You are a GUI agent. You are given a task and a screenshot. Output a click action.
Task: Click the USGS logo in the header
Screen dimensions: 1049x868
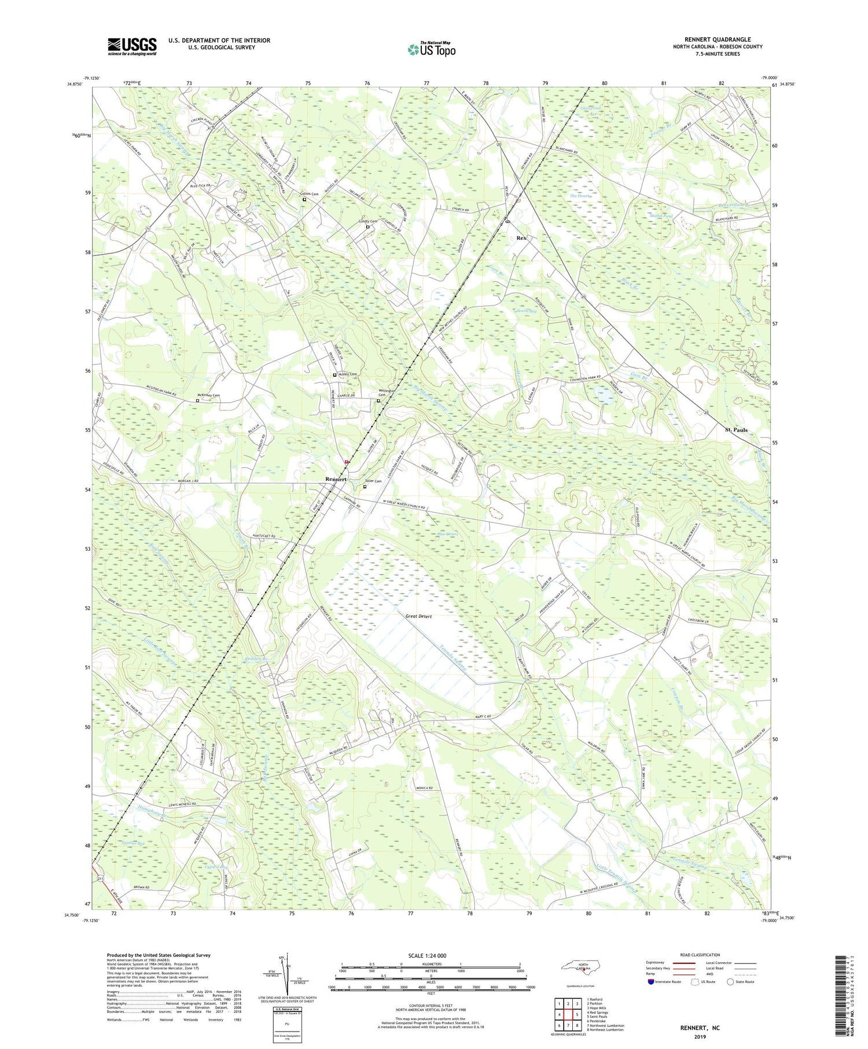click(132, 47)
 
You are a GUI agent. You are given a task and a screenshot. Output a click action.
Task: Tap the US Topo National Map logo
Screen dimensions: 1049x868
click(432, 50)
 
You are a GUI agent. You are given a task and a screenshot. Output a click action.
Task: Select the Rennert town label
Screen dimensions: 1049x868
click(336, 479)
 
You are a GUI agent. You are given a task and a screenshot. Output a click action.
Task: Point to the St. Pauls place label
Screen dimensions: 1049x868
click(736, 430)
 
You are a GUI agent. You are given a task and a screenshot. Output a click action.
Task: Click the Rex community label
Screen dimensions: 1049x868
click(521, 238)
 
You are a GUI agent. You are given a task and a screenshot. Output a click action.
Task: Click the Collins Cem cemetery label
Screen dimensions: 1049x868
click(309, 194)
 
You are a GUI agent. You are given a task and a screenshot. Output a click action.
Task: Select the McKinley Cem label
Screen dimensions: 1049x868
click(209, 395)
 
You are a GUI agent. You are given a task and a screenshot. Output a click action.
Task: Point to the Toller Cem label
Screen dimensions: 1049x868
click(373, 481)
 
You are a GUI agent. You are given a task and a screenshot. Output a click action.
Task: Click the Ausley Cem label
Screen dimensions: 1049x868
click(348, 374)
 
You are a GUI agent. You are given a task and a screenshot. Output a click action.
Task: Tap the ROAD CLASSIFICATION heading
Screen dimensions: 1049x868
click(700, 955)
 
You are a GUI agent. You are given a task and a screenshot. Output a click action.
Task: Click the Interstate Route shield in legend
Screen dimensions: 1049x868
click(651, 981)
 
